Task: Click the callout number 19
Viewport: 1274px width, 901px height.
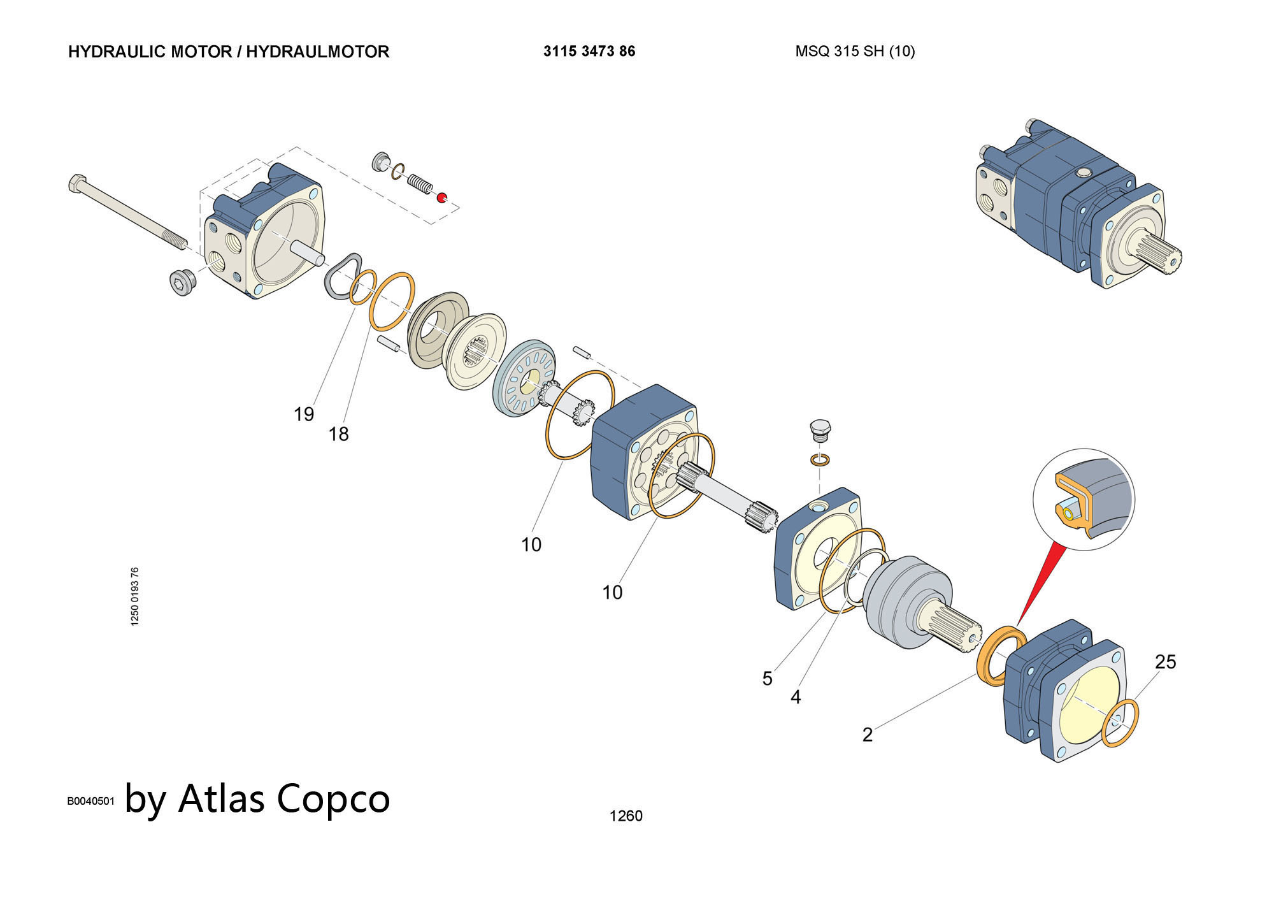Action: pos(304,414)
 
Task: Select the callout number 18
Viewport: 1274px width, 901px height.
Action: pos(338,434)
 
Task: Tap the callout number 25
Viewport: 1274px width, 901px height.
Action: pos(1165,662)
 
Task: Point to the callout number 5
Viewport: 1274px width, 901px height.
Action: pos(767,679)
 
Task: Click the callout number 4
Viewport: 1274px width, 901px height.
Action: pos(795,697)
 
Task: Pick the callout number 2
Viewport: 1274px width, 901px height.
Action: pos(867,735)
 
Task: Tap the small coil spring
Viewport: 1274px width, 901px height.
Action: pos(419,183)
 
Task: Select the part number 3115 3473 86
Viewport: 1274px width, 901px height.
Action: pos(589,52)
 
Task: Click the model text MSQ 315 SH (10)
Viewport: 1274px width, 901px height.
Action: pos(855,52)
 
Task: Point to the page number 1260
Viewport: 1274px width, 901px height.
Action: pos(626,816)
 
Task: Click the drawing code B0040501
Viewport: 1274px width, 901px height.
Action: pos(90,801)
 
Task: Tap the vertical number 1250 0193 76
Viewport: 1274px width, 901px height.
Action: pos(134,596)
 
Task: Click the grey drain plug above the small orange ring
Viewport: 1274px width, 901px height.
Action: pos(820,431)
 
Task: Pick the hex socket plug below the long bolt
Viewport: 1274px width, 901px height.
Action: pos(182,282)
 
